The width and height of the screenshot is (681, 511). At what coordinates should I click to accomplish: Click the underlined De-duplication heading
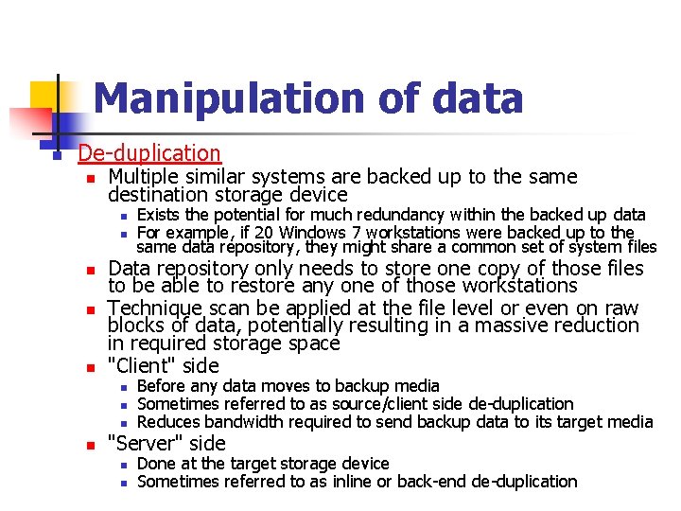[x=149, y=152]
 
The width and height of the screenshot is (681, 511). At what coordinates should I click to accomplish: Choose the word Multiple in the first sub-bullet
[x=142, y=177]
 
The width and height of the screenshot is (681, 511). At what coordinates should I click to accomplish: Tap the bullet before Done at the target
[x=123, y=465]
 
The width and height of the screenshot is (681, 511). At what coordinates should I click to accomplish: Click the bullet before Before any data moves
[x=123, y=387]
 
